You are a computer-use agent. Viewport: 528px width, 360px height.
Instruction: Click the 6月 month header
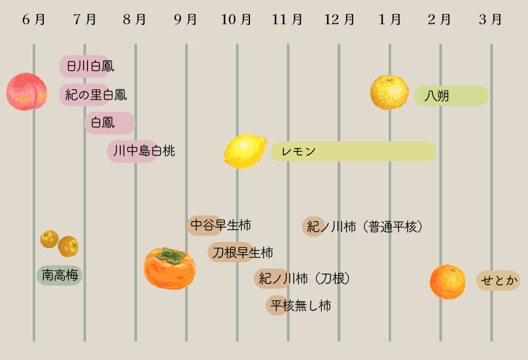click(x=34, y=20)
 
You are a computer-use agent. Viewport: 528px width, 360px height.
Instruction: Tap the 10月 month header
click(x=236, y=20)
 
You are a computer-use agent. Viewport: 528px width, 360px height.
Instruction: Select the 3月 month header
click(x=491, y=20)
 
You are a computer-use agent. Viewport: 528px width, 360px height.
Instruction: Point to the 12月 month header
click(x=339, y=20)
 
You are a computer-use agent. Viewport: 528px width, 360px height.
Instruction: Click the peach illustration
click(x=26, y=92)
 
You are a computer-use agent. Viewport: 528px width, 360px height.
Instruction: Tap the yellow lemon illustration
click(x=245, y=151)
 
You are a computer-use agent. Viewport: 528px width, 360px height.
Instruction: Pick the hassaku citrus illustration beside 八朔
click(x=389, y=92)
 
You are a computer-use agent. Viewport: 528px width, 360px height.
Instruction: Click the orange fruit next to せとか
click(x=447, y=282)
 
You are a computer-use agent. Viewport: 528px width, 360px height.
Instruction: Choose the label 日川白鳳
click(x=90, y=66)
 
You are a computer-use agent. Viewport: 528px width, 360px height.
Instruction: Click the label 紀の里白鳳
click(x=96, y=94)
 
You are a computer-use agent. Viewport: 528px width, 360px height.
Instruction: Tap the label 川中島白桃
click(x=143, y=151)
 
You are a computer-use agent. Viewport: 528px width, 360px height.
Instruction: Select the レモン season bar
click(x=354, y=151)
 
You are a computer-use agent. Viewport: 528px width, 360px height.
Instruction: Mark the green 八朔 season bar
click(x=451, y=96)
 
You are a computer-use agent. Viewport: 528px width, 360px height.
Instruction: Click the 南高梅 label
click(x=60, y=275)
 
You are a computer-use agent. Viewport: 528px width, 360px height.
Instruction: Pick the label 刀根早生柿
click(x=241, y=252)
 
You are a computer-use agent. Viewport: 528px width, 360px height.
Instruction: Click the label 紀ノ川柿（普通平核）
click(x=364, y=226)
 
